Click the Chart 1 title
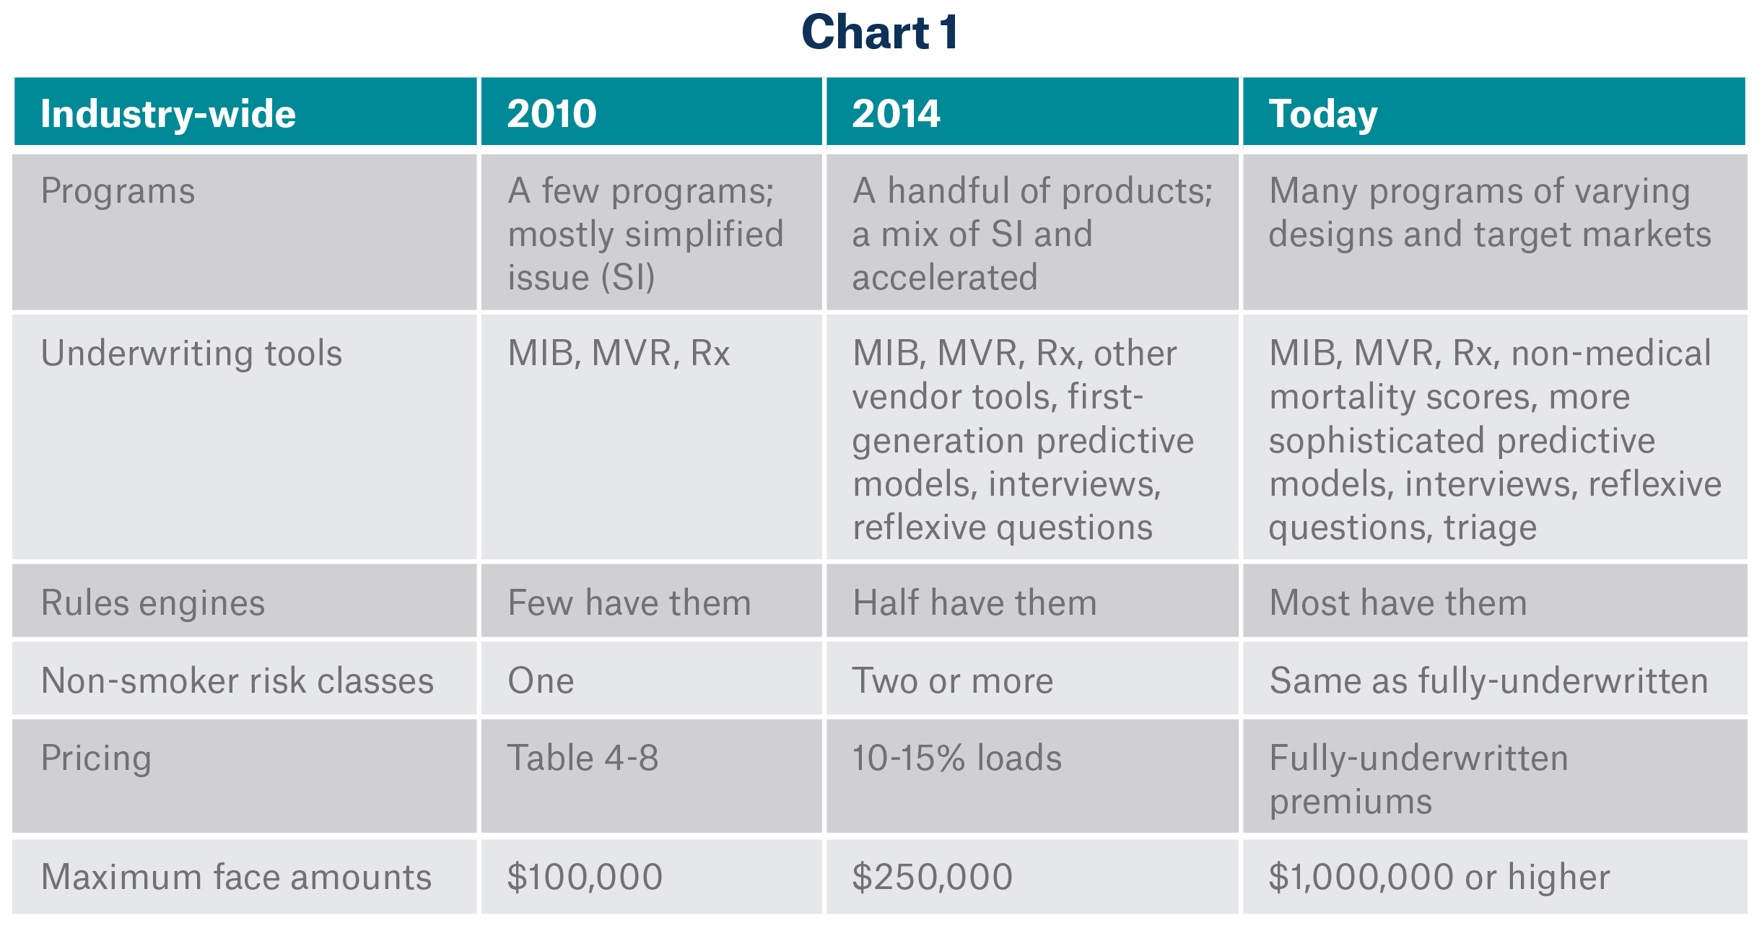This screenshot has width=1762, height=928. pos(880,33)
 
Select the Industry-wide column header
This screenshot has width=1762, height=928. pos(168,114)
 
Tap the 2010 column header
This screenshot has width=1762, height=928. pos(551,114)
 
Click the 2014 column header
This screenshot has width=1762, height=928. pos(896,114)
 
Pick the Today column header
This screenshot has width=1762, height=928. pos(1322,114)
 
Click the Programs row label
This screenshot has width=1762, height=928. pos(118,192)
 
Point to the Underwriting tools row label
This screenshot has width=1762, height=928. pos(191,354)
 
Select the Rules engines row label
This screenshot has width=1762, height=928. pos(153,603)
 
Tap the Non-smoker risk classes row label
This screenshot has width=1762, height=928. pos(237,680)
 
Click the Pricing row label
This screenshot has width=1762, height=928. pos(96,758)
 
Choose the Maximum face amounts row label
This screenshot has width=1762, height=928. pos(236,877)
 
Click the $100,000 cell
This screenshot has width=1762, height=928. pos(585,877)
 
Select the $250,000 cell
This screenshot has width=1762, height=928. pos(932,877)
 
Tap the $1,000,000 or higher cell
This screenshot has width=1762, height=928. pos(1439,877)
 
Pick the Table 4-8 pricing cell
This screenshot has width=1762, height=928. pos(583,758)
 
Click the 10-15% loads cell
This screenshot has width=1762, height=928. pos(956,758)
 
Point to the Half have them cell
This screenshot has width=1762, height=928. pos(974,603)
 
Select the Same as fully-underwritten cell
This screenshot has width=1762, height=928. pos(1488,680)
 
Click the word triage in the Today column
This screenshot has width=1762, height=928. pos(1490,528)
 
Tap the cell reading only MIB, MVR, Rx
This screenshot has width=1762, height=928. pos(619,354)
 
